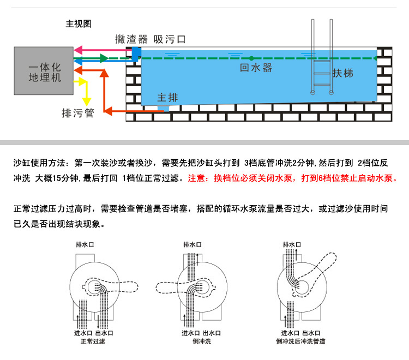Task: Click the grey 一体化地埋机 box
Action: click(x=44, y=71)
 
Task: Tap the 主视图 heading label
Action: click(x=78, y=24)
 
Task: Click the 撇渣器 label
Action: click(x=131, y=39)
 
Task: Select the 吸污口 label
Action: click(x=170, y=39)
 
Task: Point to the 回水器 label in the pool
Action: click(x=256, y=68)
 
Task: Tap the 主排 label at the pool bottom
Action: click(x=167, y=97)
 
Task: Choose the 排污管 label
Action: click(x=78, y=113)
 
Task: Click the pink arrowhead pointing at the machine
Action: click(x=77, y=50)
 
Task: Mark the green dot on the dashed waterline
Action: click(x=251, y=58)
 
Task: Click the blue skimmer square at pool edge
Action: click(x=136, y=53)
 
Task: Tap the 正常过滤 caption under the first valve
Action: click(x=92, y=341)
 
